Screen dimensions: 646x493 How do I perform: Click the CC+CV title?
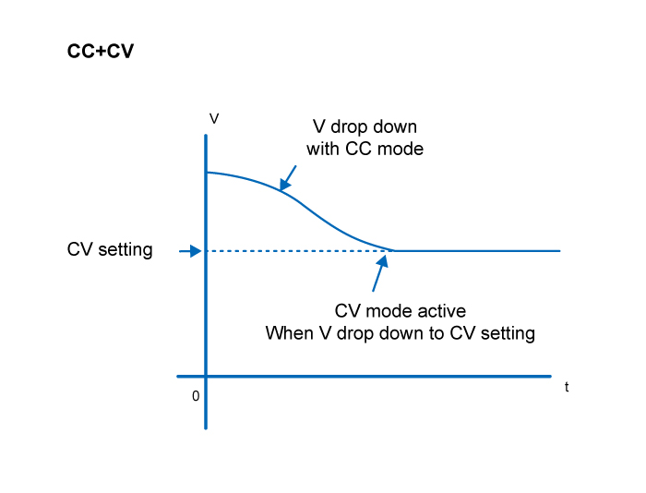tap(101, 52)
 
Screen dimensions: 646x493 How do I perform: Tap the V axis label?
tap(214, 119)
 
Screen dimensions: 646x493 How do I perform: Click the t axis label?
tap(567, 387)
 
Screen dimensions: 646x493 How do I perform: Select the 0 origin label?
tap(196, 396)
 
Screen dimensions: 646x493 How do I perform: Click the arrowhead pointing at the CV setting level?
tap(196, 251)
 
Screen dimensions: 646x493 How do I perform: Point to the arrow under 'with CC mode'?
tap(288, 178)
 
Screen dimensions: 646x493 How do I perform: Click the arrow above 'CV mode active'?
tap(380, 273)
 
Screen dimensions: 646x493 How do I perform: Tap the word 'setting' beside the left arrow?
tap(126, 250)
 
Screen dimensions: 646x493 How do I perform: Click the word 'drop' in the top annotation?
tap(350, 127)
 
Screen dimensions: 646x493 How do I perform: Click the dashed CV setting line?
tap(300, 250)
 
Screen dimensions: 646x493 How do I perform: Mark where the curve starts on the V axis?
tap(207, 173)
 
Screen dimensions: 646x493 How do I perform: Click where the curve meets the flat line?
tap(394, 250)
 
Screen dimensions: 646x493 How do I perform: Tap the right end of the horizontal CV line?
tap(560, 250)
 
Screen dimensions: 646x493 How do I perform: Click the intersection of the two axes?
tap(206, 377)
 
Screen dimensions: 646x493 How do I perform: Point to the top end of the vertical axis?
tap(206, 135)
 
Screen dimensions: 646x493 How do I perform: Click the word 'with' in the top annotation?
tap(323, 149)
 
